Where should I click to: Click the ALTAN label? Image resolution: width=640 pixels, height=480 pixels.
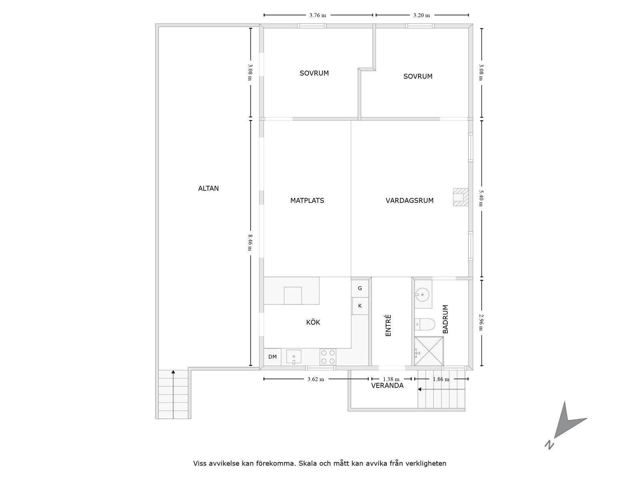pos(208,188)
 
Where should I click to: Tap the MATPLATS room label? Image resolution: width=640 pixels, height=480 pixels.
pos(307,201)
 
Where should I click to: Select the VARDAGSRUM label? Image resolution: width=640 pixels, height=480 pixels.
pos(410,201)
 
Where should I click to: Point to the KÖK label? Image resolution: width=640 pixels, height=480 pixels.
pos(313,322)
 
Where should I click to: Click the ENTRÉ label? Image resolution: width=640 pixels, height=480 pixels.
pos(388,325)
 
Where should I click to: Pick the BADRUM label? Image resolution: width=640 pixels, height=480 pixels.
pos(446,319)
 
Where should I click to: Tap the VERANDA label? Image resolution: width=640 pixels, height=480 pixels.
pos(387,386)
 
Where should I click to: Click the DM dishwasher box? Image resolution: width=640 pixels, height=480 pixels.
pos(272,357)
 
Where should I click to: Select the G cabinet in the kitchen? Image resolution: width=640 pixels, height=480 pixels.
pos(360,288)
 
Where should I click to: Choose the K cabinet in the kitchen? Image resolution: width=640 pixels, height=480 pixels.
pos(360,306)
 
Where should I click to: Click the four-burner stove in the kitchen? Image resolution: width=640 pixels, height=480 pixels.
pos(328,357)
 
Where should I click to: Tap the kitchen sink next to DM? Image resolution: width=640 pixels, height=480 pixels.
pos(294,357)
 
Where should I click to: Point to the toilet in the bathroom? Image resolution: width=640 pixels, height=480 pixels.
pos(425,324)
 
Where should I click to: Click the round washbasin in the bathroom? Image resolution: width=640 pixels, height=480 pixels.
pos(422,295)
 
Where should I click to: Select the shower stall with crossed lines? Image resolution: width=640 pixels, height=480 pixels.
pos(429,351)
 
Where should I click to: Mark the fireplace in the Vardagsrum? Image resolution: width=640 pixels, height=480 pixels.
pos(460,197)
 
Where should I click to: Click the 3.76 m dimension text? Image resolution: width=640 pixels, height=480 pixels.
pos(318,16)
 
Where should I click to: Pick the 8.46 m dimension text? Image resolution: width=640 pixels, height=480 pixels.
pos(250,242)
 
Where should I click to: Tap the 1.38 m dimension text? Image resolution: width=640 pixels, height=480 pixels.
pos(391,379)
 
